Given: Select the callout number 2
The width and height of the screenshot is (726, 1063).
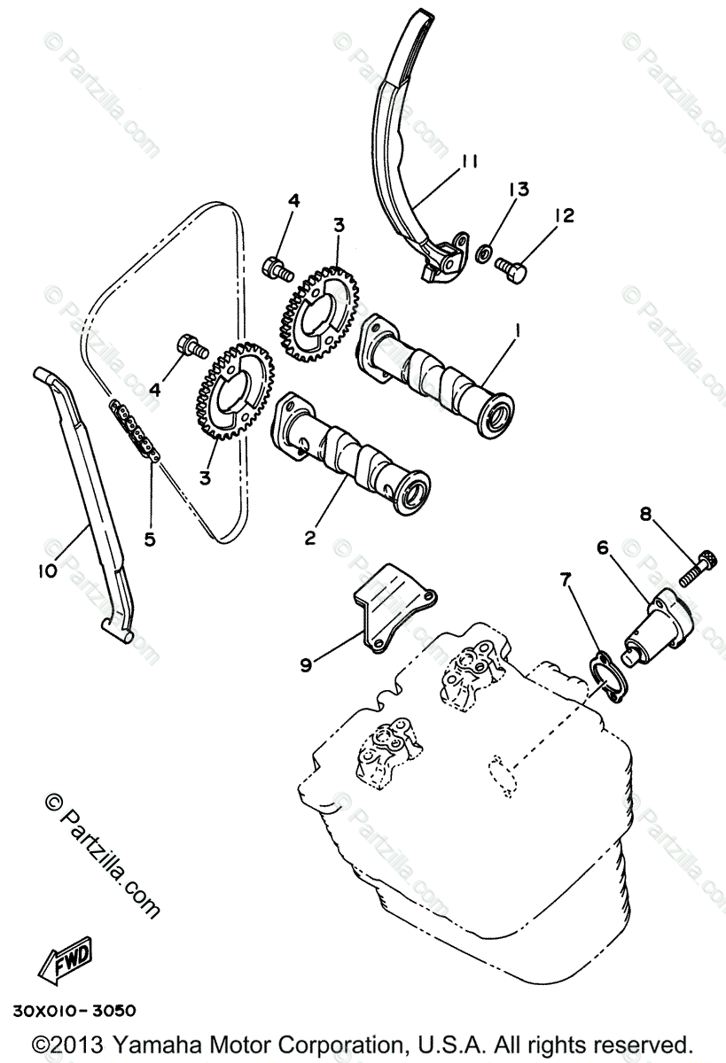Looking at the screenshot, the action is (309, 537).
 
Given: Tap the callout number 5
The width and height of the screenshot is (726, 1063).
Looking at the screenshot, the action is (150, 538).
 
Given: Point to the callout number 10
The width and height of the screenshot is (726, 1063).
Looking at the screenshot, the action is (47, 570).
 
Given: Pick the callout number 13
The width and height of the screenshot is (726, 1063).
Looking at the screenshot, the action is (519, 189).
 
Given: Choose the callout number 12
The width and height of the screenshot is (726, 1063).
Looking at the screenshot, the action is (564, 215).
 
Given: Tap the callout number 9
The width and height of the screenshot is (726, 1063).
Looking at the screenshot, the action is (306, 663).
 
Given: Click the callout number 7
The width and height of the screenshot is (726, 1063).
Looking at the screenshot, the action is (565, 579).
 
